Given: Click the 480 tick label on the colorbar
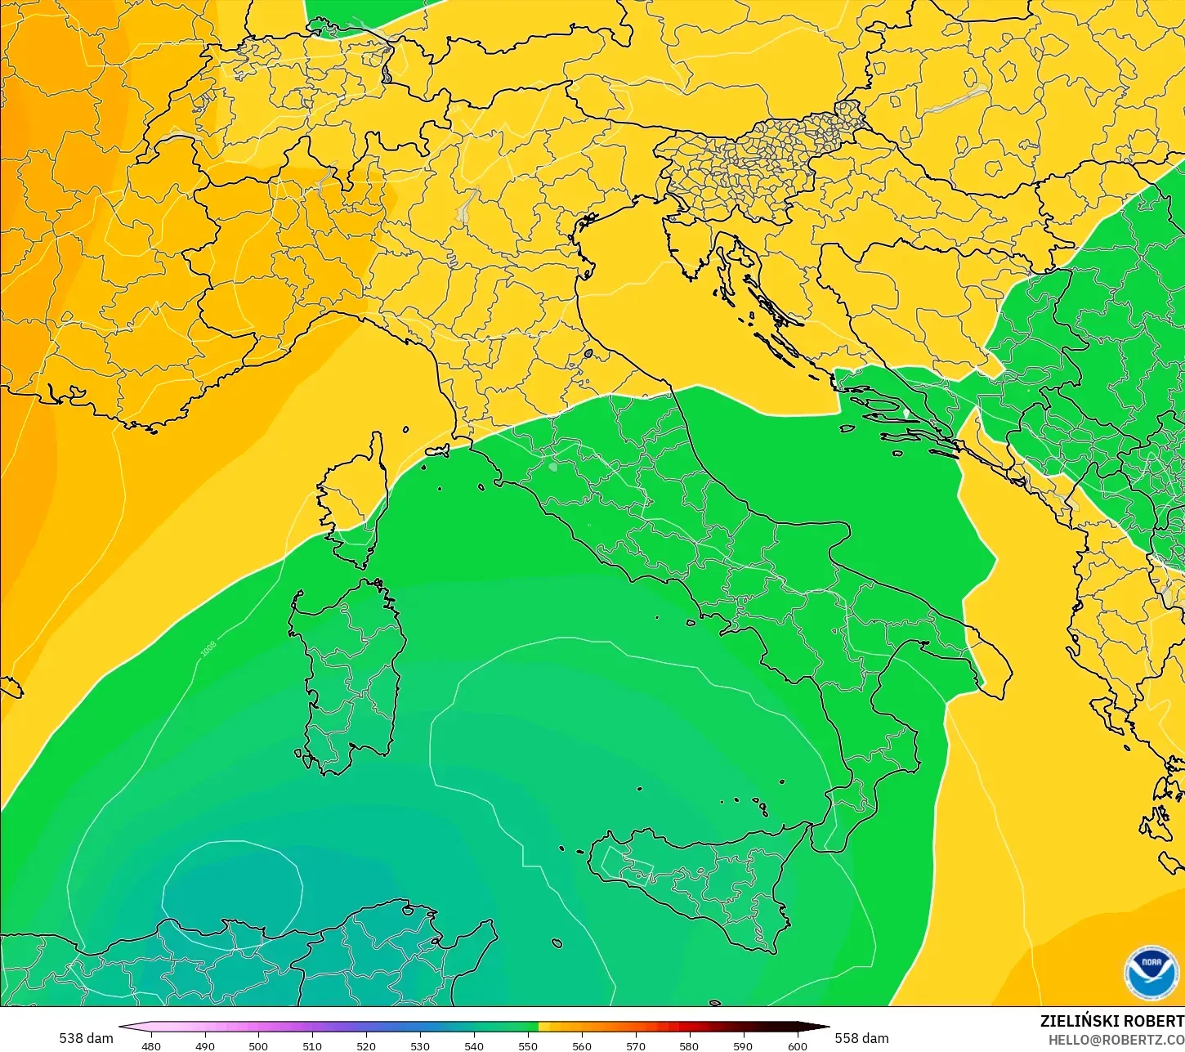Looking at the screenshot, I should [150, 1045].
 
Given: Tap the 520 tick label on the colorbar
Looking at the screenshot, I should [366, 1045].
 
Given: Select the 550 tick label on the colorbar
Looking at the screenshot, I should [528, 1045].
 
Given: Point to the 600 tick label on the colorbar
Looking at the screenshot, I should [798, 1045].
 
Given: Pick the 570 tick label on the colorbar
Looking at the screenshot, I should [636, 1045].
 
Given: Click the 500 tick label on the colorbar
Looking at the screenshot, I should [258, 1045].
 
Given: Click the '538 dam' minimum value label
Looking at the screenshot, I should [86, 1038].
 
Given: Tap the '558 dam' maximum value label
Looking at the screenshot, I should [861, 1038].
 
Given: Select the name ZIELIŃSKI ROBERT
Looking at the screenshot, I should [1111, 1021].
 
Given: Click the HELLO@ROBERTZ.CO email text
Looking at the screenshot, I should [1116, 1039].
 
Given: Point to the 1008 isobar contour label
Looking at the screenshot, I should [208, 649].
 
